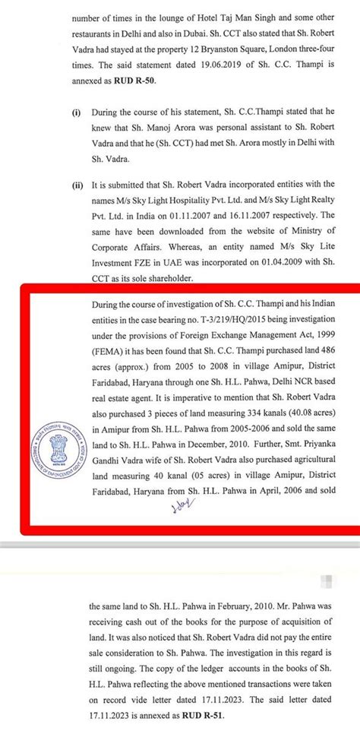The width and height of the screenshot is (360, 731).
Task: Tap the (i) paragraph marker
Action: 77,112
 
